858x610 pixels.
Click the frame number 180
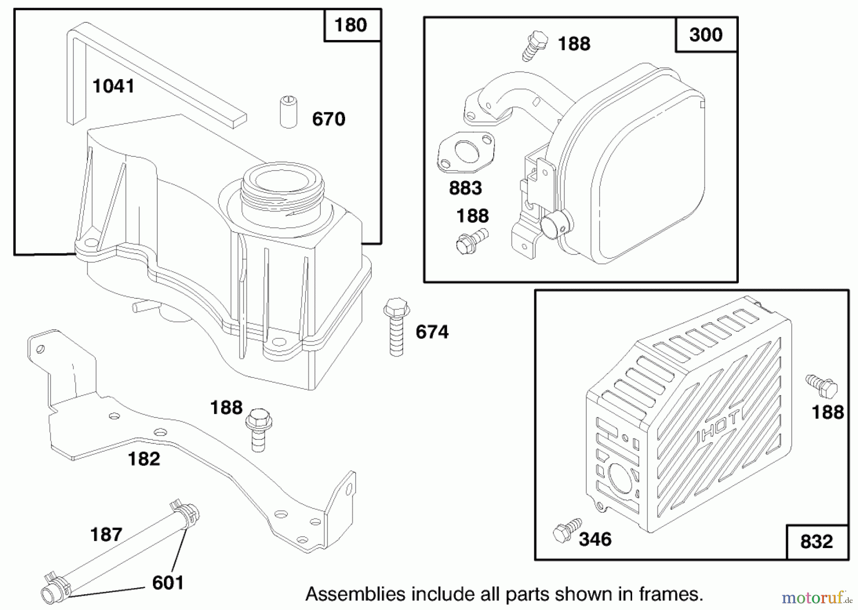[x=351, y=25]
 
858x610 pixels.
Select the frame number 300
[x=705, y=35]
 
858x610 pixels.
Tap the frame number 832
[x=816, y=542]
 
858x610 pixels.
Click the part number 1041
[x=113, y=86]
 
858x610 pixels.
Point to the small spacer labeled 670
[x=288, y=112]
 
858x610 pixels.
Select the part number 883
[x=465, y=188]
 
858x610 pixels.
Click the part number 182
[x=143, y=459]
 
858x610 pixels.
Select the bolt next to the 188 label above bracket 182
[x=258, y=429]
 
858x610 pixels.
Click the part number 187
[x=106, y=535]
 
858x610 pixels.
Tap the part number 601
[x=168, y=583]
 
